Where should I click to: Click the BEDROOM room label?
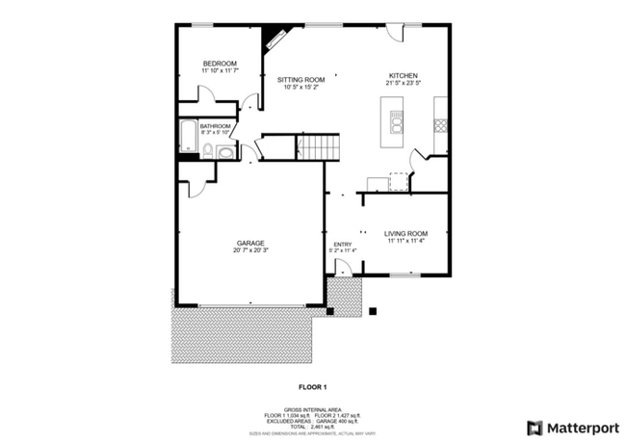[220, 64]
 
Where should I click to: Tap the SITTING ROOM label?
[300, 78]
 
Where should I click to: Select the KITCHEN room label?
[403, 75]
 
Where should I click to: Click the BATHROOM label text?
[215, 125]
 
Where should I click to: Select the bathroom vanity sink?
[225, 152]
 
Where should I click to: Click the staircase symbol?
[319, 147]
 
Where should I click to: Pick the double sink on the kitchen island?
[395, 122]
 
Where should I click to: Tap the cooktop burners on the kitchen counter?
[440, 124]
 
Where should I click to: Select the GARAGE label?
[250, 243]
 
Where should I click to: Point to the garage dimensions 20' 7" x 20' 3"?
[250, 251]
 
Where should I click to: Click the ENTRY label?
[343, 245]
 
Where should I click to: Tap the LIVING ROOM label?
[405, 234]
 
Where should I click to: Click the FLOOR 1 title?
[312, 387]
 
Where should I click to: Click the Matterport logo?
[573, 427]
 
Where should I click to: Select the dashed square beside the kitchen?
[398, 181]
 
